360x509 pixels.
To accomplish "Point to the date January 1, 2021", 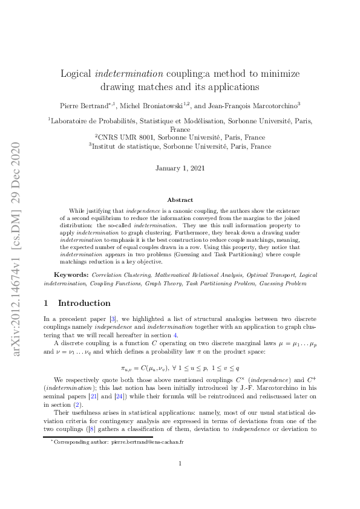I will pyautogui.click(x=180, y=167).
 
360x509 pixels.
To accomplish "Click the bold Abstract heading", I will pyautogui.click(x=180, y=199).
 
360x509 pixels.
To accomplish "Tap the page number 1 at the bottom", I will pyautogui.click(x=180, y=481).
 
